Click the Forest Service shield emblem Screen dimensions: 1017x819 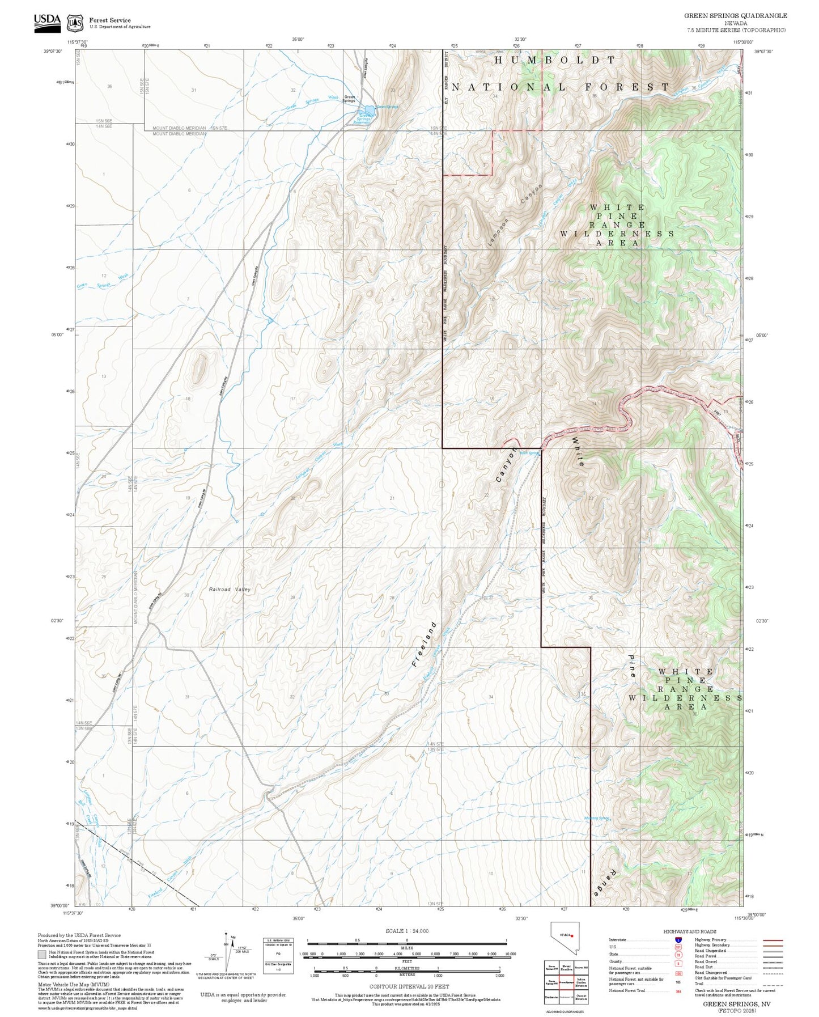coord(74,23)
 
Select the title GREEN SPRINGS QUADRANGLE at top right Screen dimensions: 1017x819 coord(735,16)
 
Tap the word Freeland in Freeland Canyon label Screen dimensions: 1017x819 coord(425,645)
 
